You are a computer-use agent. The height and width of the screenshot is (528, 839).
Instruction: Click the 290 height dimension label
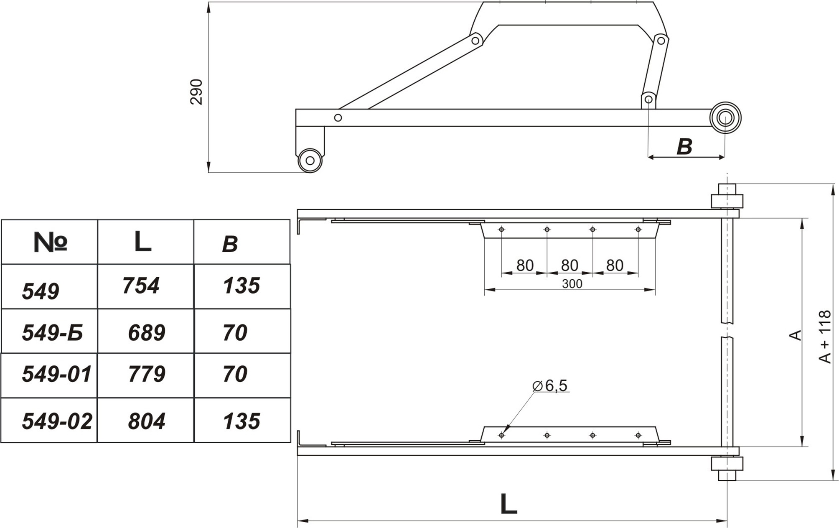(x=196, y=92)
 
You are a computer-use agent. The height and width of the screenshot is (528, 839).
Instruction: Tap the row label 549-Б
(x=52, y=333)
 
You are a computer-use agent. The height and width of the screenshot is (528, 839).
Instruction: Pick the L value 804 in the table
(x=147, y=421)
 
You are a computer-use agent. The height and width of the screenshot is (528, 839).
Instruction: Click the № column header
(x=50, y=242)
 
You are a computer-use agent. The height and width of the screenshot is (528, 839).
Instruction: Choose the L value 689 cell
(x=147, y=333)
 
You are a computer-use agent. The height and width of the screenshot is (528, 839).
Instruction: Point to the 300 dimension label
(x=572, y=284)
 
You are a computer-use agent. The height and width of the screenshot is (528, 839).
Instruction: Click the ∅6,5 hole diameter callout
(x=550, y=386)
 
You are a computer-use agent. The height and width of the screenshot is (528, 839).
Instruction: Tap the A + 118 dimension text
(x=825, y=337)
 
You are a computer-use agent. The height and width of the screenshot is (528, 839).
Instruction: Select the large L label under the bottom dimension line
(x=508, y=504)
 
